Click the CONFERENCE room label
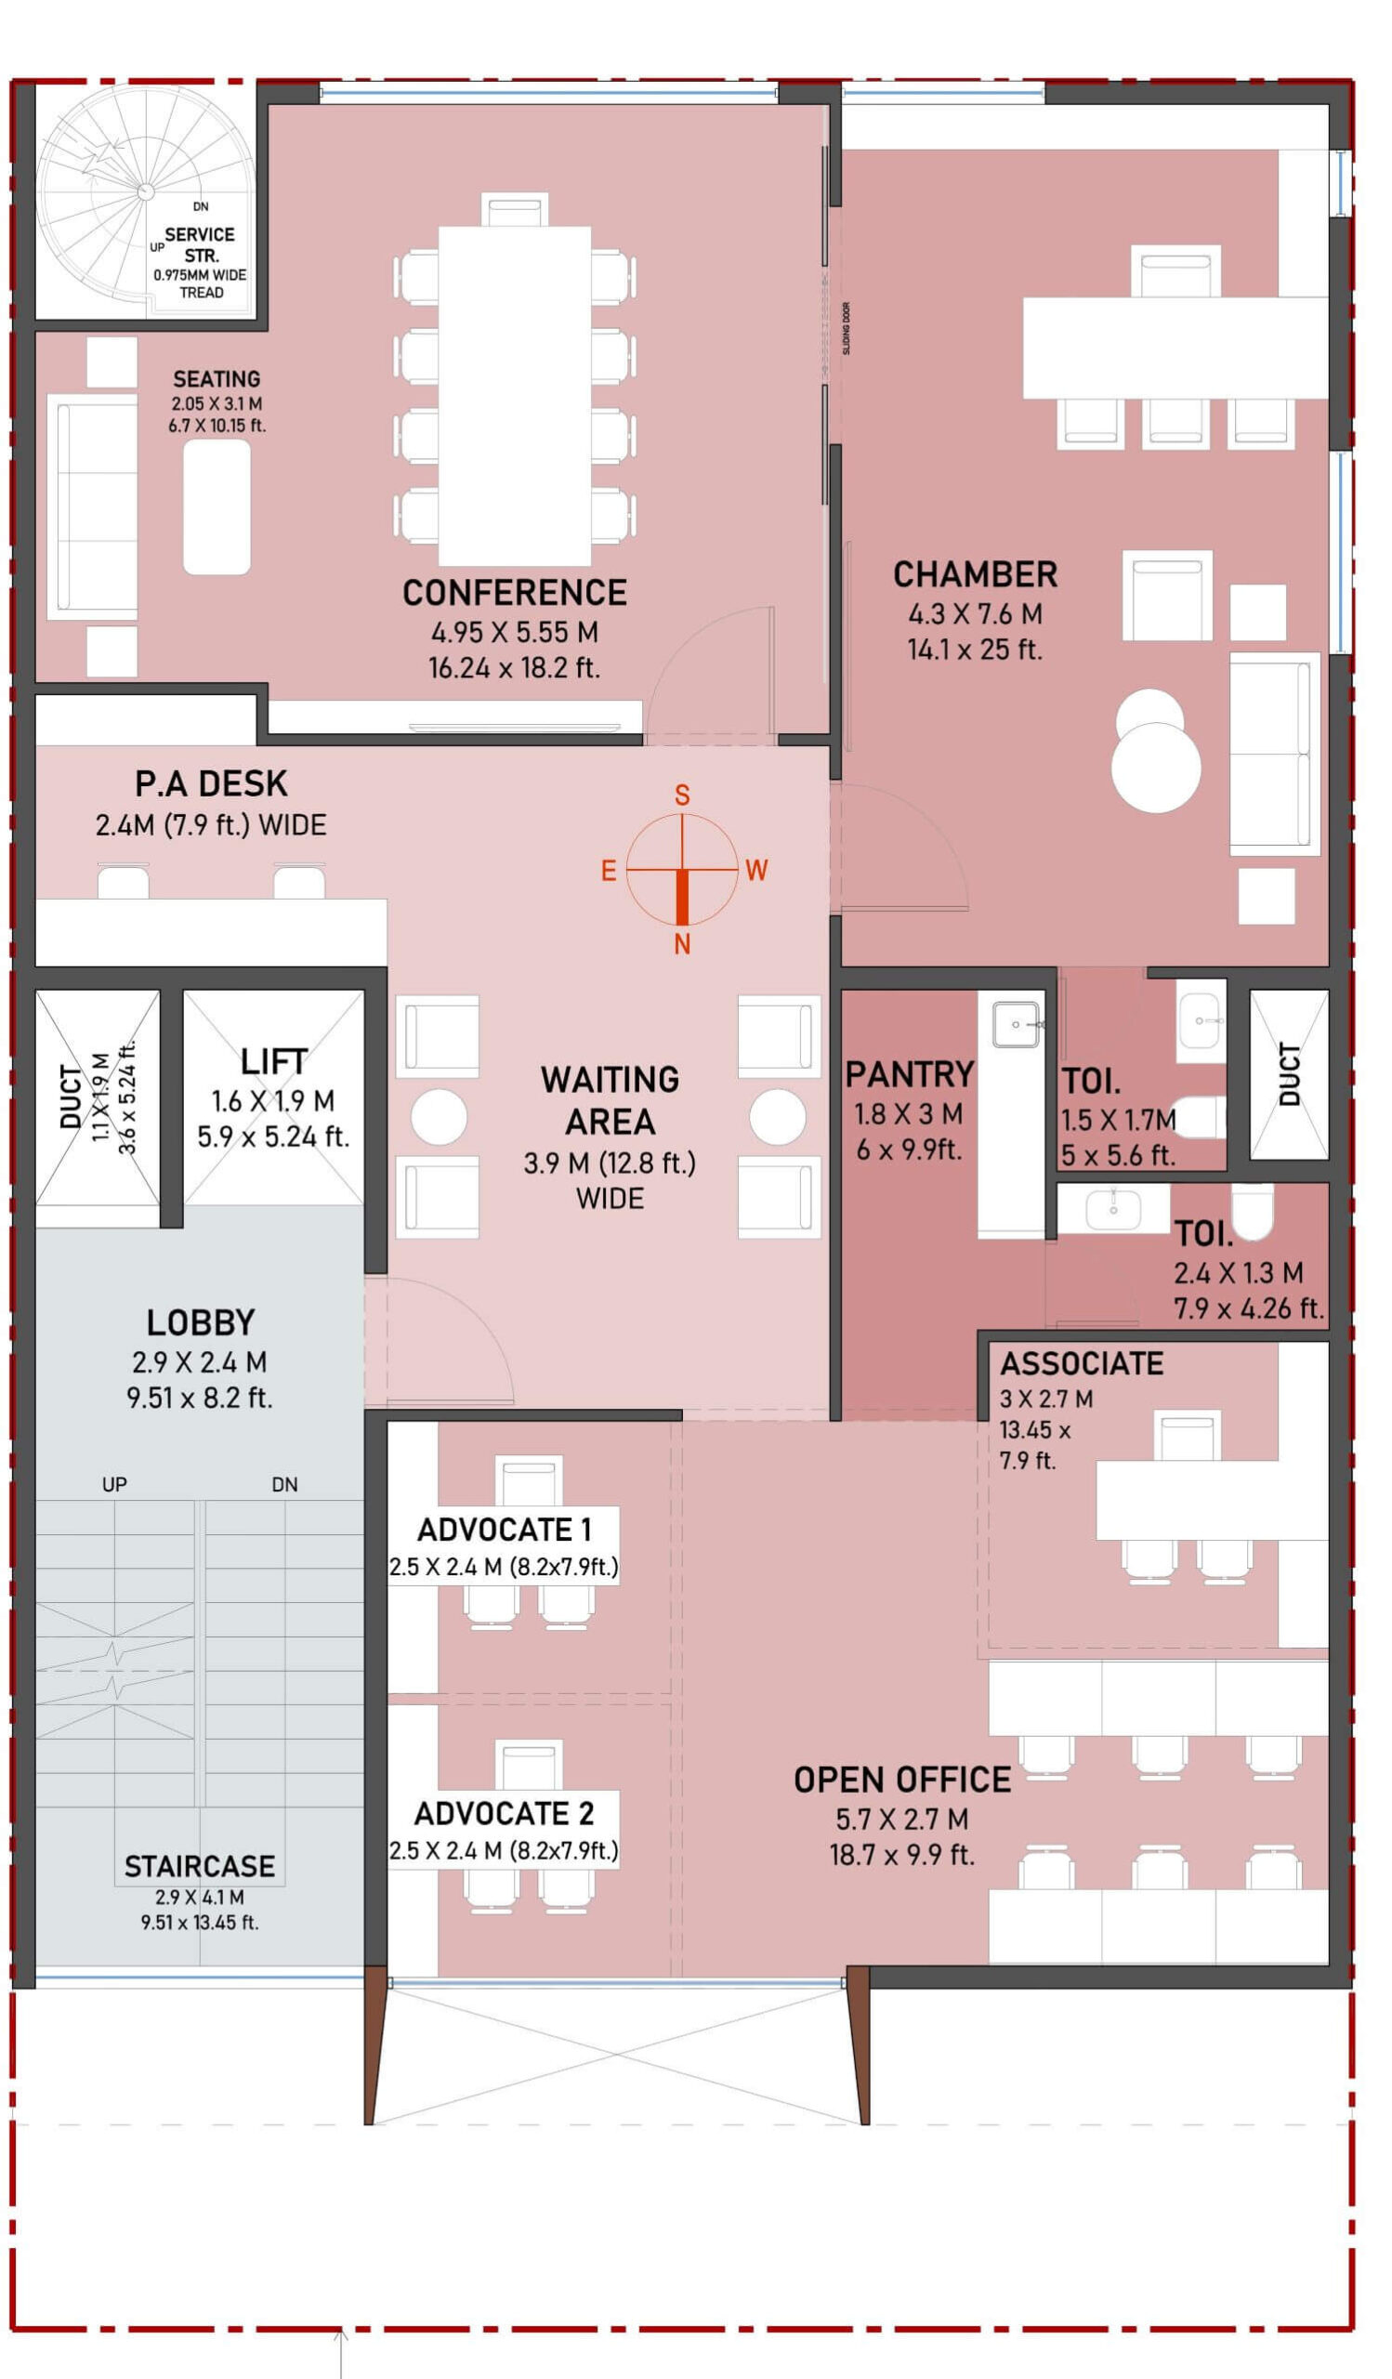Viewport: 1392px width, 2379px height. pyautogui.click(x=514, y=593)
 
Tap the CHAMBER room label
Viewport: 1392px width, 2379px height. pyautogui.click(x=975, y=575)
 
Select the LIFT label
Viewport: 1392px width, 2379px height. pyautogui.click(x=273, y=1061)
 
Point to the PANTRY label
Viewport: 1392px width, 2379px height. pyautogui.click(x=909, y=1074)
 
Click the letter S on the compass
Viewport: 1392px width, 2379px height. pyautogui.click(x=681, y=795)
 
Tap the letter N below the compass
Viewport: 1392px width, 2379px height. pyautogui.click(x=681, y=944)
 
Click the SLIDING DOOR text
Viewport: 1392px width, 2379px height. pyautogui.click(x=846, y=328)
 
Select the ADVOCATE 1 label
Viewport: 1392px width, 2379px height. pyautogui.click(x=504, y=1530)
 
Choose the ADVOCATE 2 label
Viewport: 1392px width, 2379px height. pyautogui.click(x=504, y=1813)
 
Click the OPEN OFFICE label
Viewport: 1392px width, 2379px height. pyautogui.click(x=902, y=1780)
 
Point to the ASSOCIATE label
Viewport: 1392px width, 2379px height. pyautogui.click(x=1082, y=1364)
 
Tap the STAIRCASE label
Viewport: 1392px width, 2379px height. pyautogui.click(x=200, y=1866)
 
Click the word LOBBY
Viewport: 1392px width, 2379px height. pyautogui.click(x=200, y=1322)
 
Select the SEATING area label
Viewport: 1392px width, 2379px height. pyautogui.click(x=217, y=378)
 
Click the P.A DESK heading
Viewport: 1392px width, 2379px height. pyautogui.click(x=210, y=783)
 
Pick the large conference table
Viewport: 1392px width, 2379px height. pyautogui.click(x=514, y=396)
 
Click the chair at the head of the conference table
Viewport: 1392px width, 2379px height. pyautogui.click(x=514, y=210)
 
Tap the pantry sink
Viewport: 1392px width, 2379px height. pyautogui.click(x=1016, y=1024)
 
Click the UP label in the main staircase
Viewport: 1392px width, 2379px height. pyautogui.click(x=114, y=1485)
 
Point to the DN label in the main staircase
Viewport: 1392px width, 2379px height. pyautogui.click(x=284, y=1485)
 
